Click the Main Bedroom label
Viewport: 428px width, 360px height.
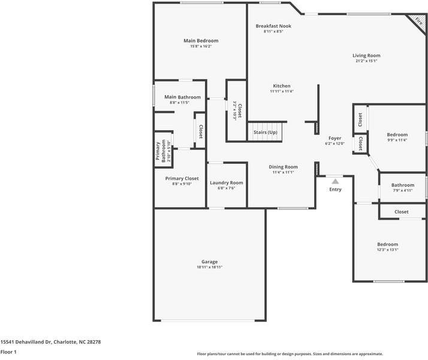click(x=201, y=41)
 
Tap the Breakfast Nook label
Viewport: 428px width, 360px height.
click(x=273, y=26)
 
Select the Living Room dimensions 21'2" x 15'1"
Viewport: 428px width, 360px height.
click(x=366, y=61)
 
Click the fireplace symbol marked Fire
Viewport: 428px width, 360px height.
click(x=417, y=21)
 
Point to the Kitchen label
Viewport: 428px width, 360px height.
click(x=282, y=86)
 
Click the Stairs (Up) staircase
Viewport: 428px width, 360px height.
click(x=265, y=132)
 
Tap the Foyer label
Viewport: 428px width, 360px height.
click(x=334, y=138)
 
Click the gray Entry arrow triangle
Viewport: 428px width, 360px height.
click(x=335, y=181)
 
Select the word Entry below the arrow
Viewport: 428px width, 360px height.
click(x=335, y=189)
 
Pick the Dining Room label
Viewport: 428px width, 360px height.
click(x=283, y=167)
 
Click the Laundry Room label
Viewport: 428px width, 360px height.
click(x=226, y=183)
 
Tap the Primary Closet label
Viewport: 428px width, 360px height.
click(x=182, y=178)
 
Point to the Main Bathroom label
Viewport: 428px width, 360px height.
click(x=182, y=97)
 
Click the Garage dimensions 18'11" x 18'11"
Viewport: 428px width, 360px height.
click(x=210, y=267)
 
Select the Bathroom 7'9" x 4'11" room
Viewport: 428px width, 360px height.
click(x=403, y=188)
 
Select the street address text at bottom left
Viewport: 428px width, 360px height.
click(x=50, y=341)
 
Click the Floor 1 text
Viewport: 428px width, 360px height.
click(x=8, y=352)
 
